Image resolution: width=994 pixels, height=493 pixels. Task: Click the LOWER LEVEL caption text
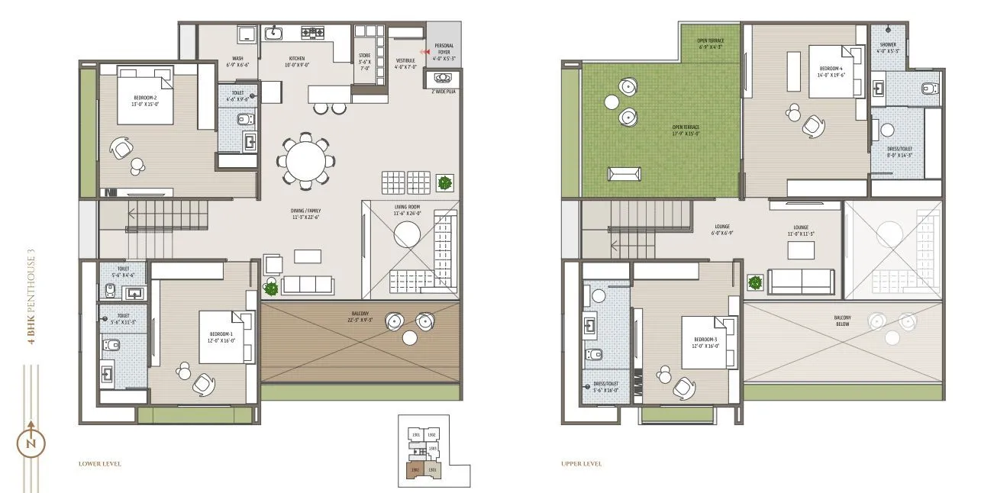[x=99, y=463]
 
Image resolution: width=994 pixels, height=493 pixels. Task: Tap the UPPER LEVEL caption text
[x=581, y=463]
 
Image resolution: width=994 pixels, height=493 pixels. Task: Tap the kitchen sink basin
[x=273, y=33]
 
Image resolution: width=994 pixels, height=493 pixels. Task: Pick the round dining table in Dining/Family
[x=305, y=161]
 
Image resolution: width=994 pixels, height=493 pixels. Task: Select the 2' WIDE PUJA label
[x=444, y=91]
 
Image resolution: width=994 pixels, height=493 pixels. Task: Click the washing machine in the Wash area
[x=247, y=34]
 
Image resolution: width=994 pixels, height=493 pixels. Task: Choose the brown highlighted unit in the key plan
[x=415, y=471]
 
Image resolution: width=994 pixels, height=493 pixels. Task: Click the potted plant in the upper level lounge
[x=755, y=282]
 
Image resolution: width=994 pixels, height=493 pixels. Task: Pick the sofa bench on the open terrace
[x=624, y=174]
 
